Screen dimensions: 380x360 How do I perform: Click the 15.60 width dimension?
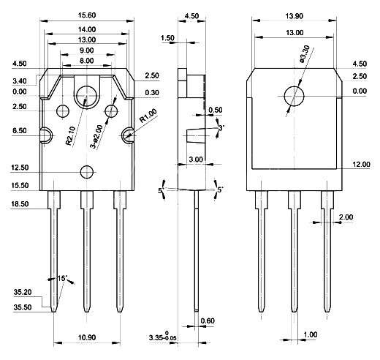(x=87, y=15)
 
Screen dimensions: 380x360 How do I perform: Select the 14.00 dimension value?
(x=87, y=29)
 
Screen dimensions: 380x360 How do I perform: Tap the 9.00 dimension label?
(x=87, y=50)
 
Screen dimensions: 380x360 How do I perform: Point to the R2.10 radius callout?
(x=71, y=137)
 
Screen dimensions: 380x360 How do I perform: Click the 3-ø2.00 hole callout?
(x=96, y=137)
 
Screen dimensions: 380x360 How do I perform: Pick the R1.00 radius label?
(x=148, y=116)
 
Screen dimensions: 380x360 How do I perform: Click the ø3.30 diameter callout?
(x=305, y=54)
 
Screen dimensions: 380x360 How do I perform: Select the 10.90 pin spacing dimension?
(x=87, y=337)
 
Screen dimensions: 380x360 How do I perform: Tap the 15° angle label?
(x=62, y=278)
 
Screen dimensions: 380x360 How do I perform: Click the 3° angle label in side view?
(x=221, y=128)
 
